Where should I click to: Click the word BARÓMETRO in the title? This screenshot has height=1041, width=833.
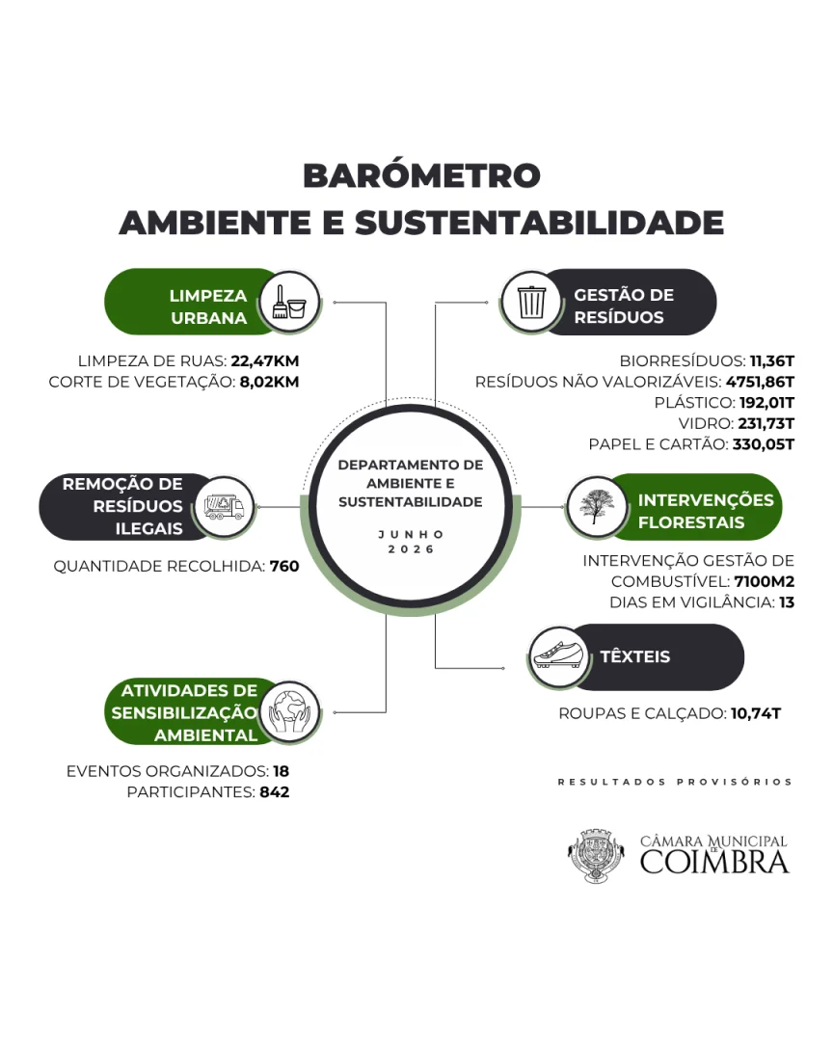(x=421, y=176)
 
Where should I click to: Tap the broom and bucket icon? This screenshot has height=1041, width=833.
(x=289, y=302)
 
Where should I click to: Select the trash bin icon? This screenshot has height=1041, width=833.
(x=531, y=302)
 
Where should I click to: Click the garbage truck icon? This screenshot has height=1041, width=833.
(x=224, y=507)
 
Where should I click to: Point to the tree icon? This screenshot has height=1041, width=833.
(x=596, y=507)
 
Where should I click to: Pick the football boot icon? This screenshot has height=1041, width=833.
(x=558, y=656)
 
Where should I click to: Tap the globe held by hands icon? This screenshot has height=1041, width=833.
(x=289, y=712)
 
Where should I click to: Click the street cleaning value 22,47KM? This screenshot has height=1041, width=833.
(x=265, y=361)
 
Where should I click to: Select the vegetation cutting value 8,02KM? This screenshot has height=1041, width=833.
(x=270, y=382)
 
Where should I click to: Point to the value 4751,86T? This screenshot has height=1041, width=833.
(x=760, y=382)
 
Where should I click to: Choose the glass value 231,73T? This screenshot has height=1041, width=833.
(x=766, y=423)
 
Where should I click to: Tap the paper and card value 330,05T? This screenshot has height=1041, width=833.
(x=764, y=444)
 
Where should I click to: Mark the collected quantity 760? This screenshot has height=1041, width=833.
(x=284, y=567)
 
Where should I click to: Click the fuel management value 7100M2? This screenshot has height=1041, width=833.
(x=764, y=581)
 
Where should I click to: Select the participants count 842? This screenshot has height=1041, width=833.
(x=275, y=792)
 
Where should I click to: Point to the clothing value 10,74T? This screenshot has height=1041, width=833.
(x=756, y=713)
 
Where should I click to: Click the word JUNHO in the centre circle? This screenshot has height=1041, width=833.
(x=411, y=534)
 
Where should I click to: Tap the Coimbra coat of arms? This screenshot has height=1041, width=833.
(x=596, y=855)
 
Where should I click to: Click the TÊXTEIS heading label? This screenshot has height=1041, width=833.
(x=635, y=656)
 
